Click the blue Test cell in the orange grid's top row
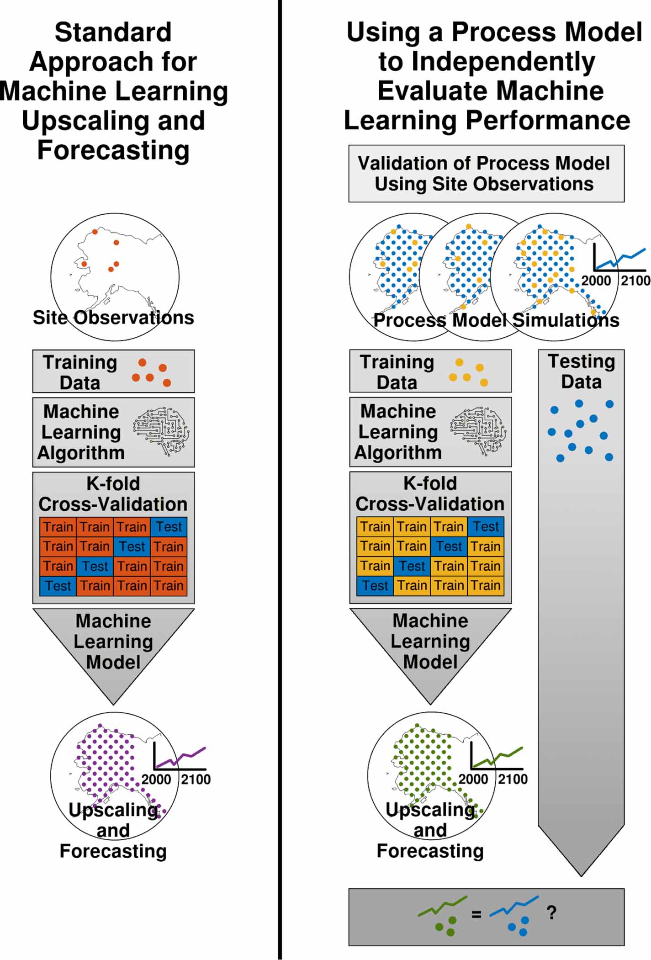[169, 527]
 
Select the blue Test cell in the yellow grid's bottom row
[375, 585]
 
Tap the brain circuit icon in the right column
[478, 432]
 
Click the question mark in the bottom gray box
[551, 912]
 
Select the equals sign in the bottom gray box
[476, 914]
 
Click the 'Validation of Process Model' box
[486, 174]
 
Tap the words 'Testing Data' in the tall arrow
[581, 371]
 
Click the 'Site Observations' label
[113, 318]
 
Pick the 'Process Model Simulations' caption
[496, 320]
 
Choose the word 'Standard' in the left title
[113, 33]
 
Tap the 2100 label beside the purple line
[196, 779]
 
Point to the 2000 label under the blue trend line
[596, 280]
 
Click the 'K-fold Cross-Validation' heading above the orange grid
[113, 494]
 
